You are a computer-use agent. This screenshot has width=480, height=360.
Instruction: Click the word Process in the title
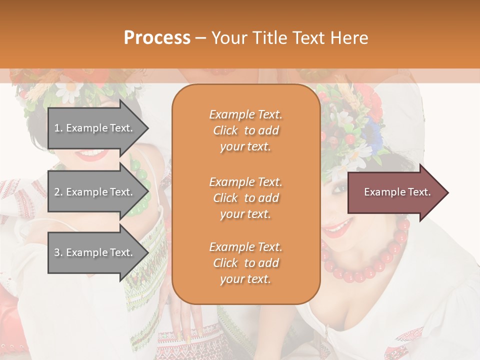coord(157,38)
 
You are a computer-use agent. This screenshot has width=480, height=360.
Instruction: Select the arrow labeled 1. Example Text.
coord(95,128)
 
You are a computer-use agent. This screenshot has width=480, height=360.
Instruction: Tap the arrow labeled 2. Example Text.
coord(95,192)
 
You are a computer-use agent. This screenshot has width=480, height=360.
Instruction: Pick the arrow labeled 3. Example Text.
coord(95,252)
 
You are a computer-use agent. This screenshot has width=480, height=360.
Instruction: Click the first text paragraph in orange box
coord(245,130)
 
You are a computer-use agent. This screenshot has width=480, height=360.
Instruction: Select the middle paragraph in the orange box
coord(245,198)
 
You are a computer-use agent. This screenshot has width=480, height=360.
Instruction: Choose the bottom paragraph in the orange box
coord(245,263)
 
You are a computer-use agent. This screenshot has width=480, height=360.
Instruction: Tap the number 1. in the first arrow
coord(58,128)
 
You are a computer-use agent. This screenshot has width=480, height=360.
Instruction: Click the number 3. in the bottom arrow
coord(58,252)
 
